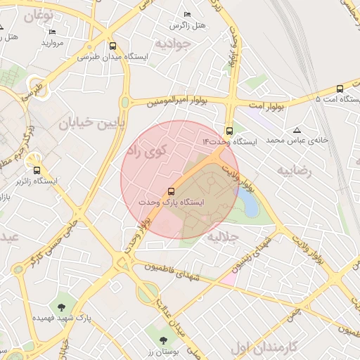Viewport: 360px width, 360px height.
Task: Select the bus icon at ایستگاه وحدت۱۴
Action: click(229, 131)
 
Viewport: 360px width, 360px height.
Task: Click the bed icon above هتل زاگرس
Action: click(187, 15)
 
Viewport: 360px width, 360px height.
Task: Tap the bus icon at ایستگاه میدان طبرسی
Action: click(112, 46)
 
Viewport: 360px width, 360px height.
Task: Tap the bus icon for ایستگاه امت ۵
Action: click(340, 89)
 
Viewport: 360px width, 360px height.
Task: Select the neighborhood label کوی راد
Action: click(146, 150)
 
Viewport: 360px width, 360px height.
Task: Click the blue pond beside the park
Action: click(249, 203)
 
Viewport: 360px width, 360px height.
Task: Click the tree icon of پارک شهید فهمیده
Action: click(63, 307)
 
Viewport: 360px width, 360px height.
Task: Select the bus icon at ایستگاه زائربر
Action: click(37, 169)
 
